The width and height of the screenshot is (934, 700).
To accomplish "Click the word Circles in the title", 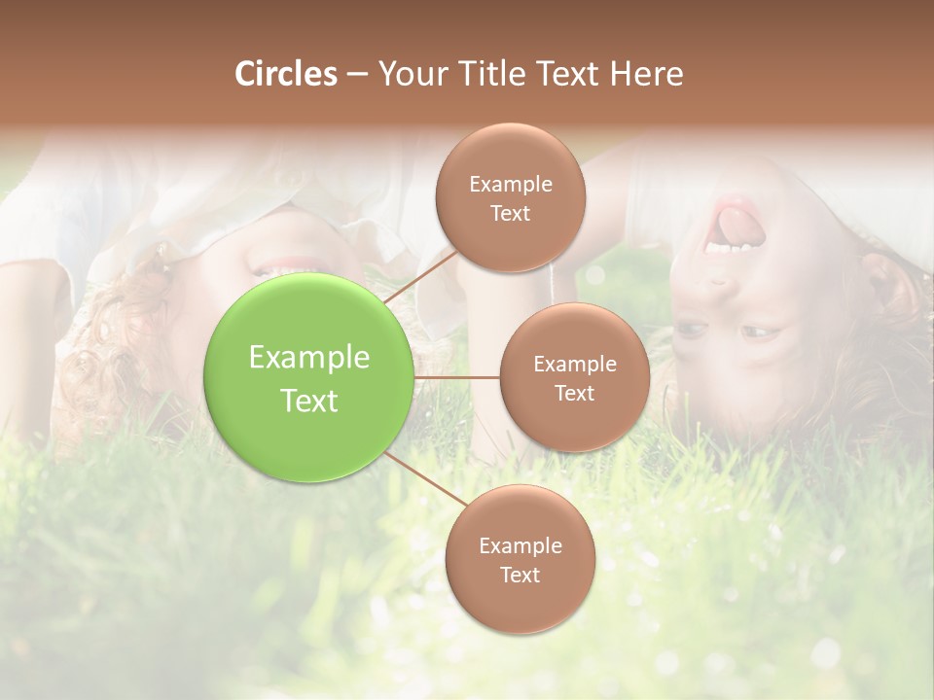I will point(285,74).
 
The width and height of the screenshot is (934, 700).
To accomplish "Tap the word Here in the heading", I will point(646,74).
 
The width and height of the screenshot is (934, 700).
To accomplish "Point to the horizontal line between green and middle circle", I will point(456,377).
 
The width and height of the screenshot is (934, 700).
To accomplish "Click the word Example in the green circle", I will point(309,358).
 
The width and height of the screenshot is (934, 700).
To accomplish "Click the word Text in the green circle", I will point(309,401).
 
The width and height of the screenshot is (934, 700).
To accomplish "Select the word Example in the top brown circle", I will point(510,184).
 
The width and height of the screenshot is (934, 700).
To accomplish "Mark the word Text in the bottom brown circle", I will point(520,575).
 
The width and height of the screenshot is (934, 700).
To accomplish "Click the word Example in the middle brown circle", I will point(574,365).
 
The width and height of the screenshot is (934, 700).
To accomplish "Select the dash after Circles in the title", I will point(357,75).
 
